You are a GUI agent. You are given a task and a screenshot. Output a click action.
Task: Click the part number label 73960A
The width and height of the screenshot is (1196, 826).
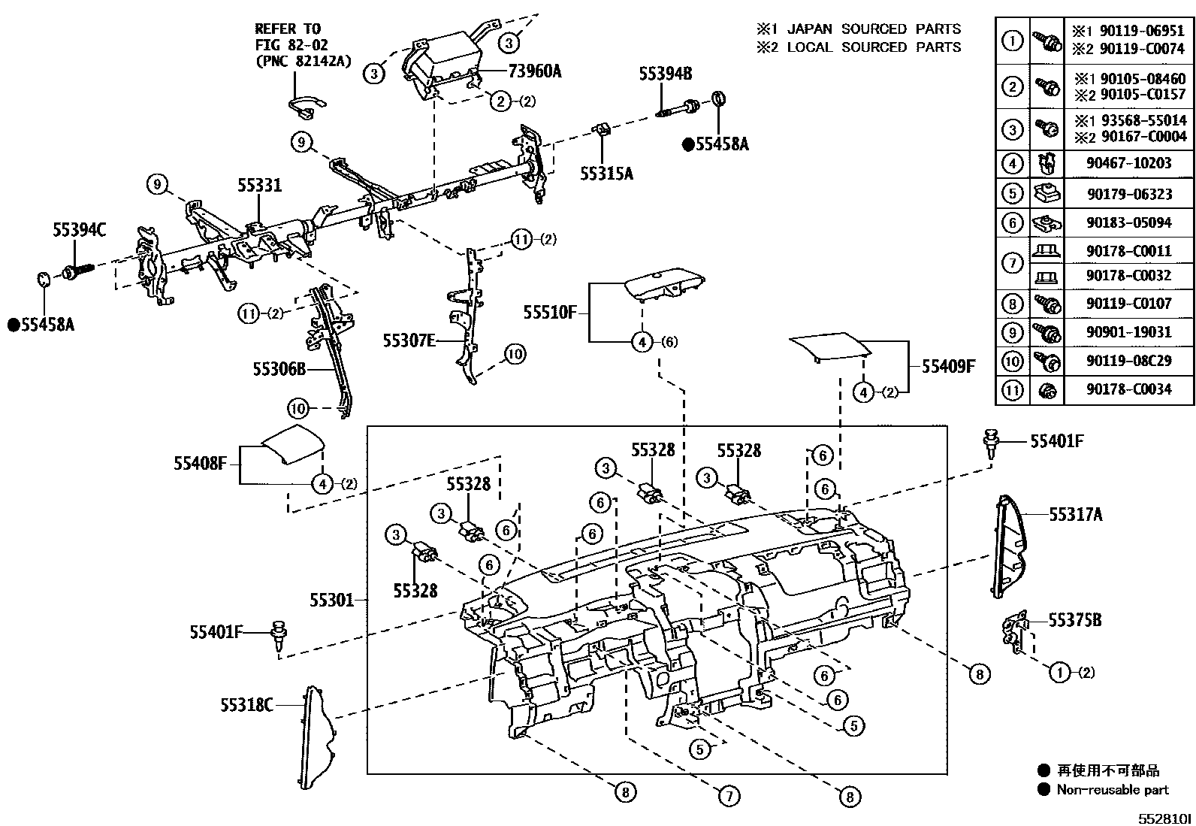[535, 71]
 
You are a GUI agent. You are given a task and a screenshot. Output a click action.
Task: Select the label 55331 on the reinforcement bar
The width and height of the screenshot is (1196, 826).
[260, 185]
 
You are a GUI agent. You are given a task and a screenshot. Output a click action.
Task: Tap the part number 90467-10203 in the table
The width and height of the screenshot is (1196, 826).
[1128, 163]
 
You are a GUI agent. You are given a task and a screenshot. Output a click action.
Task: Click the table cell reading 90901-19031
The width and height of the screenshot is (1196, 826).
[1128, 332]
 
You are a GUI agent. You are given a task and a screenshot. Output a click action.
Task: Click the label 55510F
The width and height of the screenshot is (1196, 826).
[549, 311]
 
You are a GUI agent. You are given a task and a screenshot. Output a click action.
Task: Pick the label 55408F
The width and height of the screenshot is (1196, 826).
[200, 463]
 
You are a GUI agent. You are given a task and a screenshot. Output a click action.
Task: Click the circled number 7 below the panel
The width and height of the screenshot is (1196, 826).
[729, 795]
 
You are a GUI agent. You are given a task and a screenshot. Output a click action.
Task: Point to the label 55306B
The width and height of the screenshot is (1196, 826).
[279, 369]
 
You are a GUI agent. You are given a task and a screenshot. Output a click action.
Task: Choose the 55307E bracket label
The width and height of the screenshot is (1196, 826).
[409, 340]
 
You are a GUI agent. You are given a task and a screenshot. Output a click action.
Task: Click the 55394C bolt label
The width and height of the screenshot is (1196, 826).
[79, 231]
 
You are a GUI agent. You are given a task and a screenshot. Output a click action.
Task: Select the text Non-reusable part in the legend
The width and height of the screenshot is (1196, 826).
[1113, 789]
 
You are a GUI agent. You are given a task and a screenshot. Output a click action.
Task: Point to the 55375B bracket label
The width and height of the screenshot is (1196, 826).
[1075, 620]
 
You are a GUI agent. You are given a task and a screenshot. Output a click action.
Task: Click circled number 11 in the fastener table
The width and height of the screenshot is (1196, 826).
[1013, 390]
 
